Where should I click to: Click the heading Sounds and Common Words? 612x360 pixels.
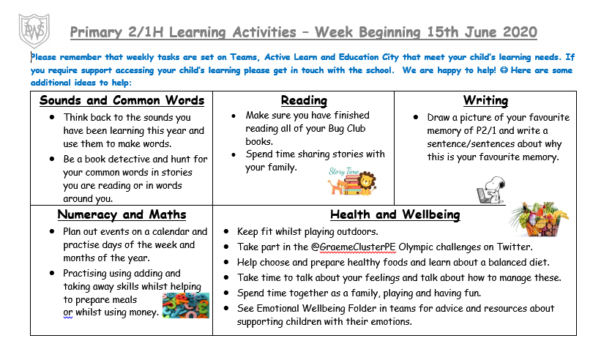pos(122,100)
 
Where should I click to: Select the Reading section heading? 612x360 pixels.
pos(304,100)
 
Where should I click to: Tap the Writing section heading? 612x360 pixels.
pos(485,100)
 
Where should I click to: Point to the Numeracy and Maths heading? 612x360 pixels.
pos(122,214)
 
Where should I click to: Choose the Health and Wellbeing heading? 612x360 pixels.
pos(395,214)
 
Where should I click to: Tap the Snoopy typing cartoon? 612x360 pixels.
pos(491,190)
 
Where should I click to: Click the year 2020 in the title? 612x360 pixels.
pos(517,33)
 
